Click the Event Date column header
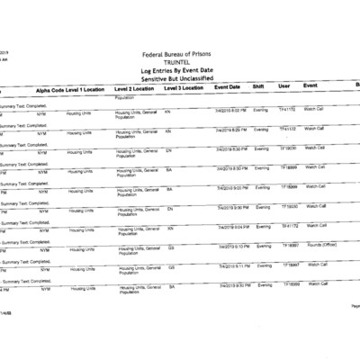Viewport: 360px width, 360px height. (227, 87)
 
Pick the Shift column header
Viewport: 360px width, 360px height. (258, 86)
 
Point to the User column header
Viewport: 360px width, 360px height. (284, 86)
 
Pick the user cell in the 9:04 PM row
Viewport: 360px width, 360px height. (289, 226)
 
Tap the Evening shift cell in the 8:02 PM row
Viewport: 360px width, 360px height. (262, 110)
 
